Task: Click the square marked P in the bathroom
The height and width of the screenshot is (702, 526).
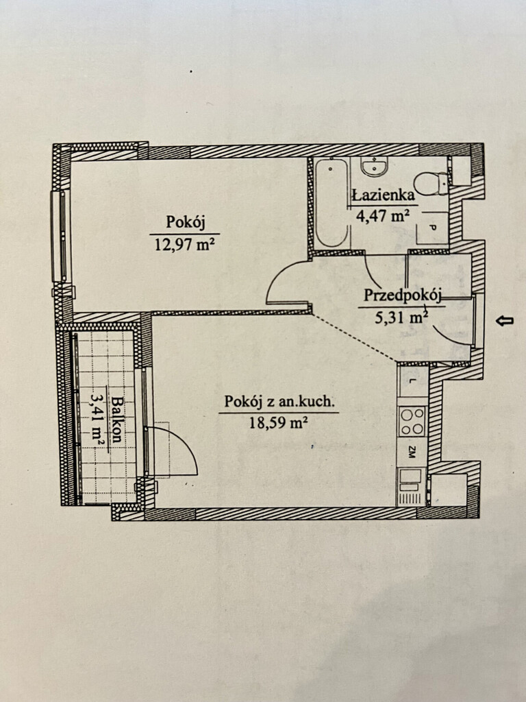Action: click(x=432, y=228)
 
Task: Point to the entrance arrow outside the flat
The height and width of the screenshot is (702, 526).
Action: click(x=505, y=320)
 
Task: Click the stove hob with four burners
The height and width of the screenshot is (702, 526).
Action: click(x=412, y=421)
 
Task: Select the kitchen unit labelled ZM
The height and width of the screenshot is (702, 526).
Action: click(x=412, y=452)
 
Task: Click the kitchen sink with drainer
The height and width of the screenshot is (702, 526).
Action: click(x=411, y=487)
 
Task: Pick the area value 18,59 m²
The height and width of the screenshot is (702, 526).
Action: click(x=278, y=422)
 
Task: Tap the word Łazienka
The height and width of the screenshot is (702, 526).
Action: click(x=384, y=195)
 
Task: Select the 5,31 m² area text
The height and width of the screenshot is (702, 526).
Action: click(x=401, y=317)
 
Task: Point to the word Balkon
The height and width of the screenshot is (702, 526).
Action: click(x=116, y=419)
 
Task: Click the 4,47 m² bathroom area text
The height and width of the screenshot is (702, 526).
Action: click(x=383, y=216)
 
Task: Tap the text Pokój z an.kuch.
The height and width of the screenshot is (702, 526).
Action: click(x=279, y=402)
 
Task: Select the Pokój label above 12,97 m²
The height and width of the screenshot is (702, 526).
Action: click(x=185, y=222)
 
